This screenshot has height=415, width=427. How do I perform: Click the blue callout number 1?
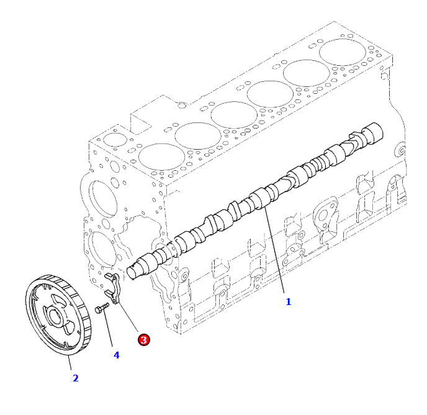288,302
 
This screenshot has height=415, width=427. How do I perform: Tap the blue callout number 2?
76,378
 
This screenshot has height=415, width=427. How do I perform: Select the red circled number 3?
144,340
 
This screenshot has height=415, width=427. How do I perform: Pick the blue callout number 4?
116,355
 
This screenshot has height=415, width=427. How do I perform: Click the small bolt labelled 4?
102,308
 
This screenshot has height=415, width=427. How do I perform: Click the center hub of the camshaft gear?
56,317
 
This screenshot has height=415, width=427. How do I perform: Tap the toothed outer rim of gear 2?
83,314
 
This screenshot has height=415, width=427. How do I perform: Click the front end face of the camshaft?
133,273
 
